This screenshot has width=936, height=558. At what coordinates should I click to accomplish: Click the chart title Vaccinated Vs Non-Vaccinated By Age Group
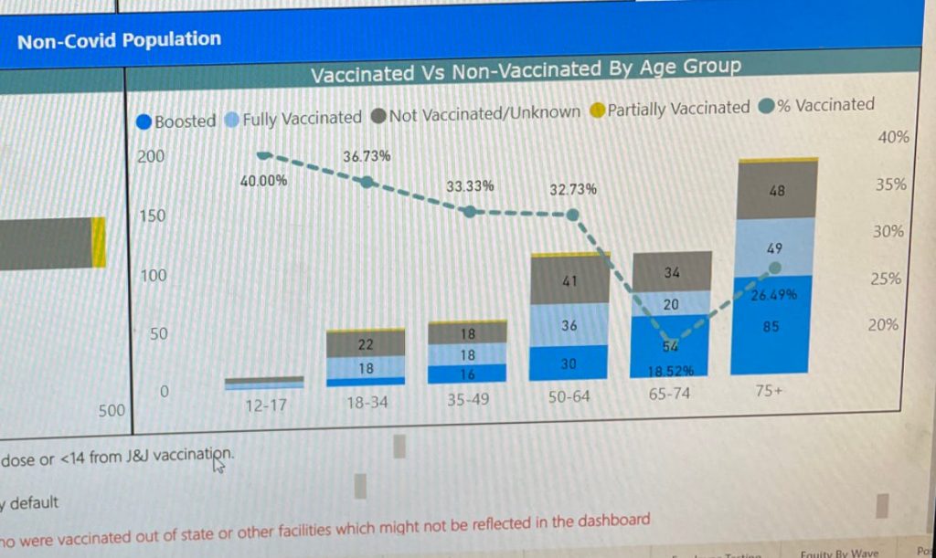click(x=525, y=70)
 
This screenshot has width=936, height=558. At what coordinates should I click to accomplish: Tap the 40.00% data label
click(x=263, y=181)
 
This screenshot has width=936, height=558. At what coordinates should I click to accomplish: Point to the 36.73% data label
click(x=367, y=156)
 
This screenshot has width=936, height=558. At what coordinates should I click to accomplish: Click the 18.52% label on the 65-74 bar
click(x=671, y=371)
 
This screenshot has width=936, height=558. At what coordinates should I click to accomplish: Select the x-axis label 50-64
click(x=569, y=396)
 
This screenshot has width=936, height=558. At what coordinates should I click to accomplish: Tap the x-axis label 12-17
click(x=266, y=405)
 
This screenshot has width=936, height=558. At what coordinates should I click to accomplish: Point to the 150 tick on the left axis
click(x=151, y=216)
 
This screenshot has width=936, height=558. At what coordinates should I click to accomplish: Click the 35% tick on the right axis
click(x=889, y=184)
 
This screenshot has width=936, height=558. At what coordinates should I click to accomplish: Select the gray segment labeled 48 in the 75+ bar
click(x=777, y=191)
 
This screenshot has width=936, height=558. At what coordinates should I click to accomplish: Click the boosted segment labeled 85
click(x=771, y=326)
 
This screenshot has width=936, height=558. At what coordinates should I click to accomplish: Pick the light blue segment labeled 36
click(x=569, y=326)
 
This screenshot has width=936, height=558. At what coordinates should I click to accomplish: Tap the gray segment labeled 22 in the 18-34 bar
click(x=366, y=344)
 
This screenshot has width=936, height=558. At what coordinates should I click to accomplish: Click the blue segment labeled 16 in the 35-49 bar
click(x=467, y=374)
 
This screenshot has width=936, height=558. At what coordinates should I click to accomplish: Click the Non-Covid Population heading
click(x=119, y=40)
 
